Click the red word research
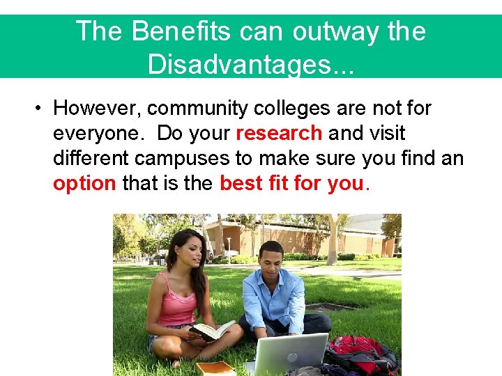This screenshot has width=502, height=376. [x=279, y=133]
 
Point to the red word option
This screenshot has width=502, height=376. [x=84, y=183]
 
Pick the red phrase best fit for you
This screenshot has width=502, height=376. [x=291, y=183]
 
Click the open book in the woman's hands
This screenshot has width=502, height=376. [x=212, y=330]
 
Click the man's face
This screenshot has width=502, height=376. [x=270, y=259]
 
